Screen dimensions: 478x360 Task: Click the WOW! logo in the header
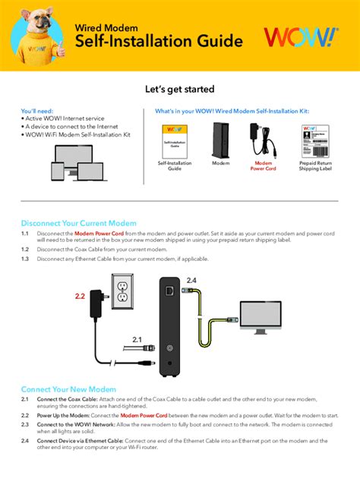click(301, 39)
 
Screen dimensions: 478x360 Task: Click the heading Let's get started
click(180, 90)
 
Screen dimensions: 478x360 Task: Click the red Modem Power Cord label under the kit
click(264, 166)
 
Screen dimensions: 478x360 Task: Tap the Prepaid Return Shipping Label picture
click(314, 140)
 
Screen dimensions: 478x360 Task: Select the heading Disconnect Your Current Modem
click(78, 223)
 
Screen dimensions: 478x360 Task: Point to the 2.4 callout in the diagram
click(191, 280)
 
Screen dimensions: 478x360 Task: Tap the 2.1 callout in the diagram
click(137, 338)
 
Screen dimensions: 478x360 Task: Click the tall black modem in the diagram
click(168, 326)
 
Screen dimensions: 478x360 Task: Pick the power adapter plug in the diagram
click(97, 300)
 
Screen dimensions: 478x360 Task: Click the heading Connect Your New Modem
click(69, 388)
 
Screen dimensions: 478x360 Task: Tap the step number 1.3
click(25, 259)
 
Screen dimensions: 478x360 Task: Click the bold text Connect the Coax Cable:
click(67, 399)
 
